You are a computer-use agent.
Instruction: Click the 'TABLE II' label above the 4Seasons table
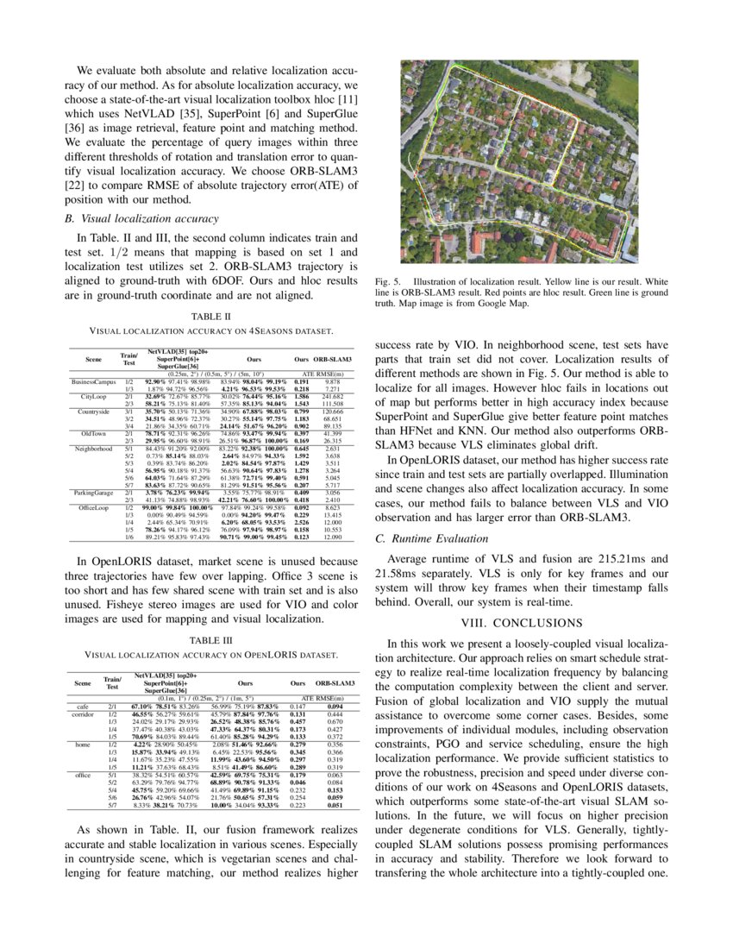pyautogui.click(x=211, y=317)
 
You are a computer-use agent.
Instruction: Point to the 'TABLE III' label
pyautogui.click(x=211, y=641)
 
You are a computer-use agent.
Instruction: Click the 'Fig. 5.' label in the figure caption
pyautogui.click(x=390, y=282)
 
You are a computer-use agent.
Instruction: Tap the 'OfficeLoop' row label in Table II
pyautogui.click(x=93, y=508)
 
